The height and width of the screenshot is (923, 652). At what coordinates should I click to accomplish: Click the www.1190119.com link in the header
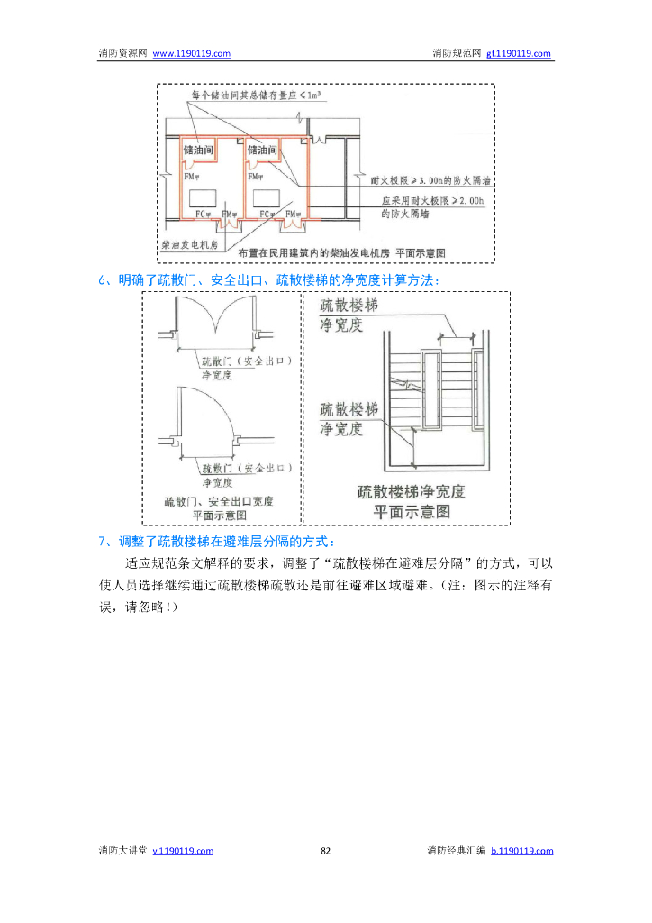(x=191, y=54)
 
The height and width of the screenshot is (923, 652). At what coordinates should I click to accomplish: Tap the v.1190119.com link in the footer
(x=183, y=851)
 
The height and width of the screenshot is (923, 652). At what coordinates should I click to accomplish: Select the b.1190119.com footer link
(x=522, y=851)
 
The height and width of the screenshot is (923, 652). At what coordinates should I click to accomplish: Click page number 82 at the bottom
(x=326, y=851)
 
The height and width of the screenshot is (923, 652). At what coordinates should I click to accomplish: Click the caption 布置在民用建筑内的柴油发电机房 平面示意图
(x=341, y=252)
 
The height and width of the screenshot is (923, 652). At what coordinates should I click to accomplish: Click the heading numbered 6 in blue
(x=269, y=280)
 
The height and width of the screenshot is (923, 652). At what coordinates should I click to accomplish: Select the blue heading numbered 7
(x=217, y=542)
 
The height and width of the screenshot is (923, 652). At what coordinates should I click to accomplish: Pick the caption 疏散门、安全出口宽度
(x=219, y=501)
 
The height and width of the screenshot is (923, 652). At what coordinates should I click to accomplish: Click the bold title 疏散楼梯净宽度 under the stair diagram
(x=412, y=492)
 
